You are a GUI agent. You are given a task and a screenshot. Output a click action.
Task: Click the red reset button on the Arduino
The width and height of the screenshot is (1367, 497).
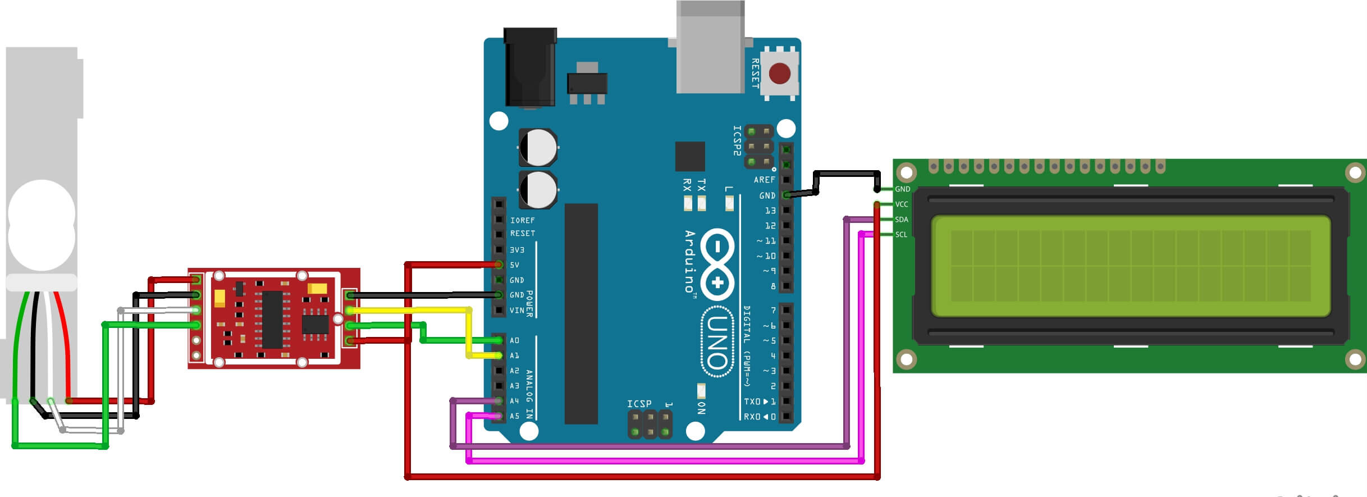coord(779,73)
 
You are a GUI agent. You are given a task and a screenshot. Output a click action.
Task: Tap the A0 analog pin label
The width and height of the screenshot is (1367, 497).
coord(514,340)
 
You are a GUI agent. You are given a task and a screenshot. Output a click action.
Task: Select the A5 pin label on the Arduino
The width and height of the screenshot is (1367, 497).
coord(514,416)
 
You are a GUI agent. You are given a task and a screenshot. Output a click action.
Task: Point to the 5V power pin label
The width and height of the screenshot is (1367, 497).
coord(514,265)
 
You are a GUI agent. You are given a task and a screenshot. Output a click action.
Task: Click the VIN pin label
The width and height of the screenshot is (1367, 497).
coord(516,311)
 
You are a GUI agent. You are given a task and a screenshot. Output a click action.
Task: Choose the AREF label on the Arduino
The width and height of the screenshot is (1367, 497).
coord(764,180)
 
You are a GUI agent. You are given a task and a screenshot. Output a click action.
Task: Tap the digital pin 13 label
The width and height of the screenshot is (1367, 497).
coord(770,211)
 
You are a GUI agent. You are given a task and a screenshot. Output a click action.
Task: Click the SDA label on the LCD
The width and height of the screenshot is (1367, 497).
coord(901,220)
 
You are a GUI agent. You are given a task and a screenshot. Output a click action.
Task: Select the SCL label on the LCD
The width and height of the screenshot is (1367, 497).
coord(900,235)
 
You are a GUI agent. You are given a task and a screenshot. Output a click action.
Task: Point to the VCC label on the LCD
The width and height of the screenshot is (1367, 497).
coord(901,204)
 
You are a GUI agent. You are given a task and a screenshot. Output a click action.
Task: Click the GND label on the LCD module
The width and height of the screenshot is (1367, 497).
coord(902,189)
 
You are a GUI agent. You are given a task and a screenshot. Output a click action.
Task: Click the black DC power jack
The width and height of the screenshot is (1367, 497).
coord(530,67)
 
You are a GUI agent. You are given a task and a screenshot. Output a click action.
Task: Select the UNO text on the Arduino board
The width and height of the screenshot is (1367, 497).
coord(717,341)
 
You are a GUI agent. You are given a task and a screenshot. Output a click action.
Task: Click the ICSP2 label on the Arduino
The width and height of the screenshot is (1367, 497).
coord(737,140)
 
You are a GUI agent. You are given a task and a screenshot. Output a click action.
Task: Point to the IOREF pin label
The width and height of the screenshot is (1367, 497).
coord(522,220)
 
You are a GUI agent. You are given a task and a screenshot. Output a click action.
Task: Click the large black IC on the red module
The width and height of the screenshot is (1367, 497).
coord(272,319)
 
